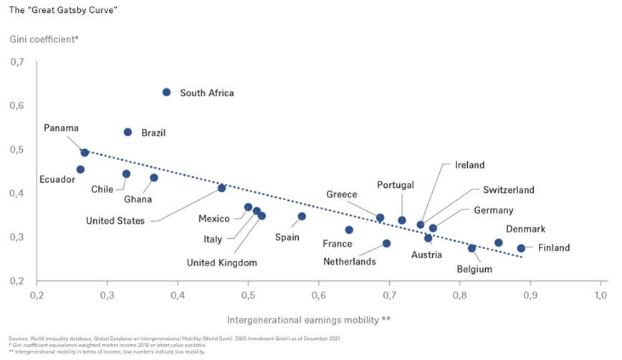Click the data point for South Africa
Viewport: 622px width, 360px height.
(x=166, y=93)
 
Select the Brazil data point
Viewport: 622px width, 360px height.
(x=128, y=132)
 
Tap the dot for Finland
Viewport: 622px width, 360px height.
(x=521, y=248)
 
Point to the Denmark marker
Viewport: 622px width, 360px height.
(x=498, y=242)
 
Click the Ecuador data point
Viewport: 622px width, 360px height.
(x=80, y=169)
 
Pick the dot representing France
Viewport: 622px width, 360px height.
(x=349, y=229)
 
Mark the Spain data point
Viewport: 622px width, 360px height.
(x=302, y=216)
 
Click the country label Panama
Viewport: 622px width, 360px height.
(x=61, y=128)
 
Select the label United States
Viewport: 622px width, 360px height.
(x=115, y=221)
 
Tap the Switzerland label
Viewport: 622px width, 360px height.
(x=508, y=190)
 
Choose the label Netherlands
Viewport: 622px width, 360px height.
(x=349, y=262)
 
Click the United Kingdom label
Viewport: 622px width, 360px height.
(x=221, y=262)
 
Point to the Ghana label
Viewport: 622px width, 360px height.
(x=138, y=199)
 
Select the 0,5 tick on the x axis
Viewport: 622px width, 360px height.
(x=248, y=295)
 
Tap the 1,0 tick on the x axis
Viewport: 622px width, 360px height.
(x=601, y=295)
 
